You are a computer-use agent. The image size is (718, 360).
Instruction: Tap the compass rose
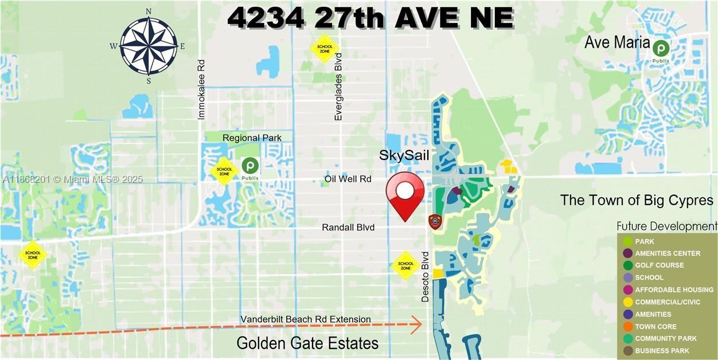(x=149, y=46)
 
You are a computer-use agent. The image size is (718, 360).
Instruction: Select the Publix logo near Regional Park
(x=250, y=166)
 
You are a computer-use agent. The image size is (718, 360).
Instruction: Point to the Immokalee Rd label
(x=201, y=89)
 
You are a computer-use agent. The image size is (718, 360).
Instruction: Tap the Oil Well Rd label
(x=348, y=179)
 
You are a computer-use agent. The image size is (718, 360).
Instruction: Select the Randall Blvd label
(x=348, y=228)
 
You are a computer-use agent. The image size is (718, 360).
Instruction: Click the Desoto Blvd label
(x=425, y=276)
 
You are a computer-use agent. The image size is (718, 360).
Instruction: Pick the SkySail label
(x=404, y=155)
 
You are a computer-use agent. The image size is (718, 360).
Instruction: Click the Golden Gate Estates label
(x=307, y=343)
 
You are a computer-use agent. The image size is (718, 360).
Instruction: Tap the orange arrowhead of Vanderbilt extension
(x=417, y=324)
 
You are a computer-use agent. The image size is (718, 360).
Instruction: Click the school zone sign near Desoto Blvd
(x=405, y=265)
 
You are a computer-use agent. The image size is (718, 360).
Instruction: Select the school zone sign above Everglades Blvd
(x=325, y=48)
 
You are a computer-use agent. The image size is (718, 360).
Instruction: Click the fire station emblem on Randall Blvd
(x=435, y=222)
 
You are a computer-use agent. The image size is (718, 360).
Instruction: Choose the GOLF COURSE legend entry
(x=659, y=265)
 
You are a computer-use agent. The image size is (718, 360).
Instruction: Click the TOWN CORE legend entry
(x=655, y=326)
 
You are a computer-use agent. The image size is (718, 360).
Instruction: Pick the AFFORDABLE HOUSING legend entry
(x=674, y=289)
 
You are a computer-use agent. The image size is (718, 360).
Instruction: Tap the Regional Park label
(x=252, y=138)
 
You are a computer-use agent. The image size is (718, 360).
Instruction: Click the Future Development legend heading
(x=666, y=226)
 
